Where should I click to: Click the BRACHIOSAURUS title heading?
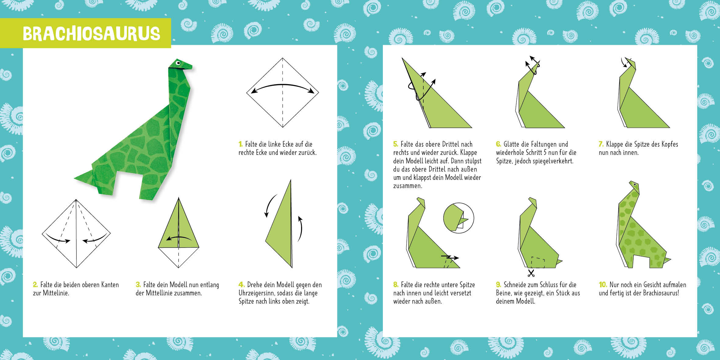click(x=91, y=34)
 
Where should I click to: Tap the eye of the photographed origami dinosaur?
click(x=178, y=64)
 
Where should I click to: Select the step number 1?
click(x=241, y=144)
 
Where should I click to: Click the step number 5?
click(x=396, y=144)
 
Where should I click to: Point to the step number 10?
click(x=603, y=284)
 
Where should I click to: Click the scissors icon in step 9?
click(x=531, y=273)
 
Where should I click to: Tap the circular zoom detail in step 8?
click(x=458, y=218)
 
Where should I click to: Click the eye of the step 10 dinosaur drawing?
click(x=634, y=184)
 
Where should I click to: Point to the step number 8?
click(x=396, y=284)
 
